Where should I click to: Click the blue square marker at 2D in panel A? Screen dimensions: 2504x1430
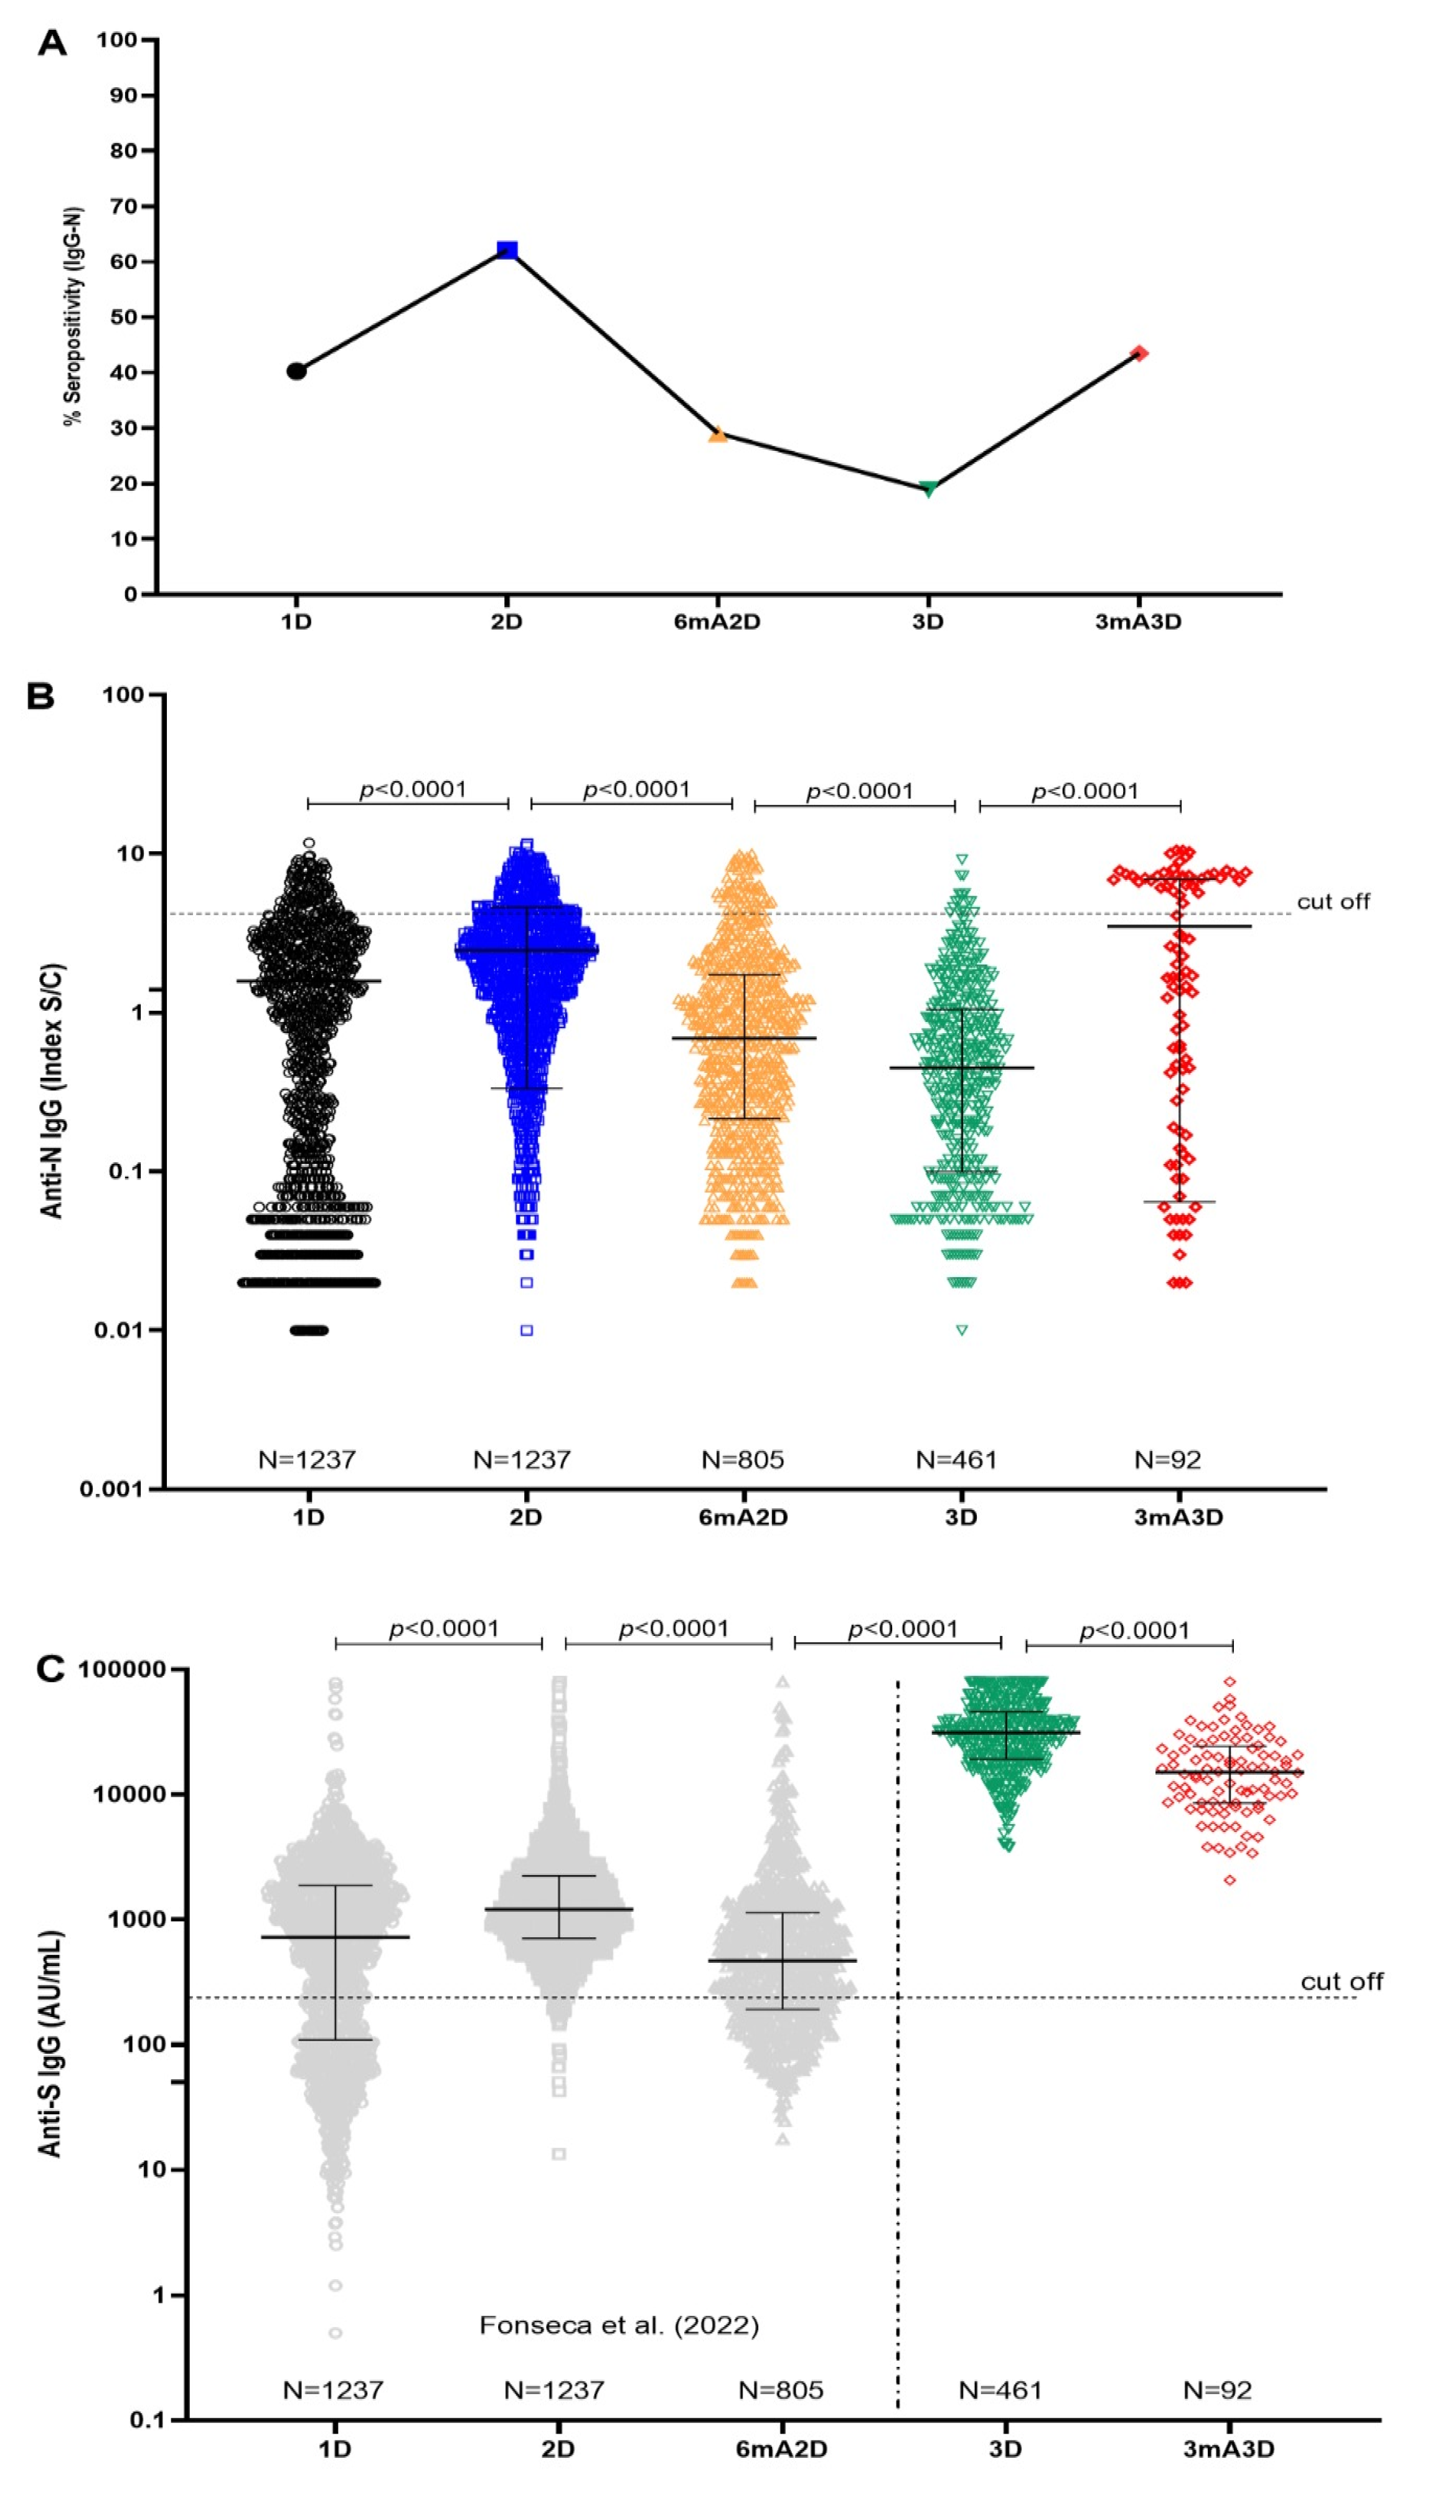[507, 250]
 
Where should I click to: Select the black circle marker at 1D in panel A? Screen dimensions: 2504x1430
[296, 371]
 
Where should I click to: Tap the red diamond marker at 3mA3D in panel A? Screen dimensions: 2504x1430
[1139, 354]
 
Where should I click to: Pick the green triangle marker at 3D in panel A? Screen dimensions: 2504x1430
[928, 488]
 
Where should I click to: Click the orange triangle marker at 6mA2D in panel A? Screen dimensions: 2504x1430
[718, 434]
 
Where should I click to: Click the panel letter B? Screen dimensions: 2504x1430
[41, 696]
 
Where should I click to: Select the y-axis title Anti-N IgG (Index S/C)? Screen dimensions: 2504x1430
[52, 1090]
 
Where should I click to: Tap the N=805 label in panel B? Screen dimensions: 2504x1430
[743, 1460]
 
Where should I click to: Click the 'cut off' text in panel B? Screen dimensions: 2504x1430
[1333, 901]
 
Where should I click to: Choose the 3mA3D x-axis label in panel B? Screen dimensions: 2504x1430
[1178, 1517]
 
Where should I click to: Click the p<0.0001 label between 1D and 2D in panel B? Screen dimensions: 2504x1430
[413, 789]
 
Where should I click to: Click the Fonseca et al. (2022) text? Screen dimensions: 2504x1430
[619, 2325]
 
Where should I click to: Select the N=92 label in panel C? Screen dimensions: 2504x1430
[1217, 2390]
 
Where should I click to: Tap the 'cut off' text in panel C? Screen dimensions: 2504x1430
[1342, 1982]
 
